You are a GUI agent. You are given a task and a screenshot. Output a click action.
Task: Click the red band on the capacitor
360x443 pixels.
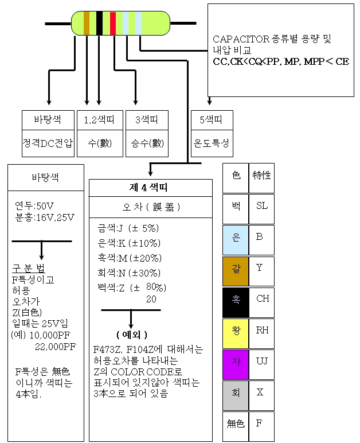click(x=113, y=22)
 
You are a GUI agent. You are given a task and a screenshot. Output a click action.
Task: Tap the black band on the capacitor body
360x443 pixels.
click(x=99, y=22)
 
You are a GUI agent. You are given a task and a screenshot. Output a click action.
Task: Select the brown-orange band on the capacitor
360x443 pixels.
click(x=87, y=22)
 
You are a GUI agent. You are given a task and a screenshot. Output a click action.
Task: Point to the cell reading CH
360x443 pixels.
click(x=262, y=299)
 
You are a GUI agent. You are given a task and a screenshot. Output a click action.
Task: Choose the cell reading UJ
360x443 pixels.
click(x=262, y=361)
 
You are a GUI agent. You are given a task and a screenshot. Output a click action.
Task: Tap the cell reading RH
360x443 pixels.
click(x=262, y=330)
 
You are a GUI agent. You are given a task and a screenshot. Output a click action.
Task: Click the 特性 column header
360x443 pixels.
click(x=261, y=176)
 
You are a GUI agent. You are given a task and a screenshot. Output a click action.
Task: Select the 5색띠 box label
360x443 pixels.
click(x=212, y=120)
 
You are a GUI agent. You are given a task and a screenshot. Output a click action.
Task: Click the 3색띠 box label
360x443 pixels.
click(x=146, y=120)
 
